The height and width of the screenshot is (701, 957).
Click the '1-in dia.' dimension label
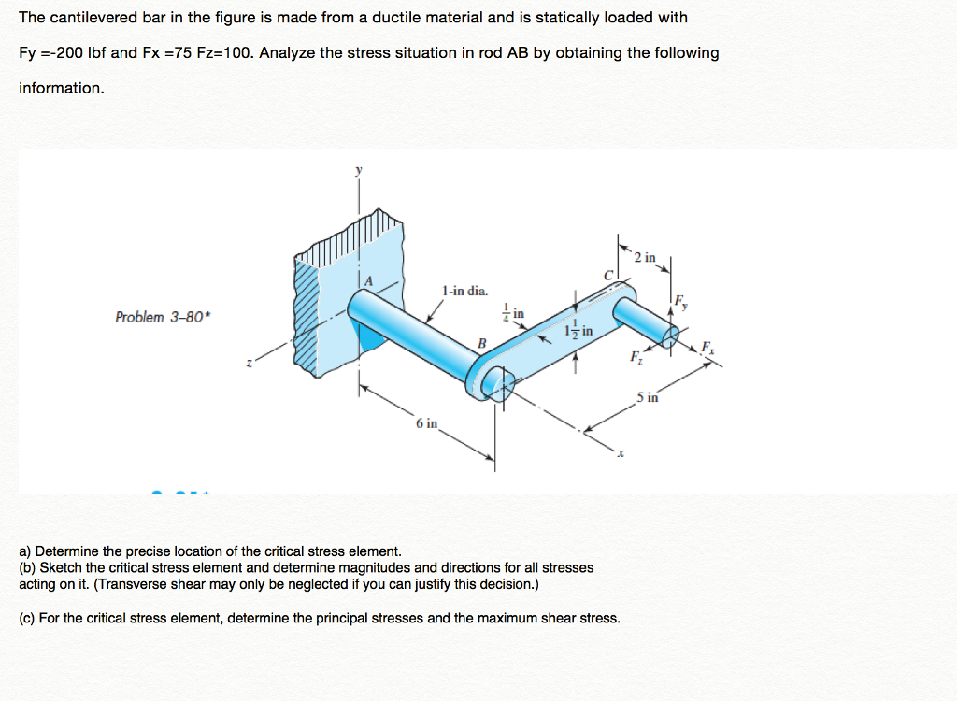(x=464, y=291)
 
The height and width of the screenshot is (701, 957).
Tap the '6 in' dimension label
(x=426, y=423)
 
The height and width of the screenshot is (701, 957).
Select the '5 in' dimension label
(x=648, y=397)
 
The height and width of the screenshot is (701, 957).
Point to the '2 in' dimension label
(x=644, y=257)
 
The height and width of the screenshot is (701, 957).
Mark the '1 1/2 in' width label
(x=578, y=331)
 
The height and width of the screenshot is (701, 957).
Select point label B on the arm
(x=482, y=342)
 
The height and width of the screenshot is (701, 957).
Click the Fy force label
(x=681, y=300)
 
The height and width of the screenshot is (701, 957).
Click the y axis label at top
(x=356, y=171)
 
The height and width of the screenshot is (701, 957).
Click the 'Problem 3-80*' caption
(x=164, y=317)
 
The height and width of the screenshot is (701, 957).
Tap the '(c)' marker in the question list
(x=27, y=618)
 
